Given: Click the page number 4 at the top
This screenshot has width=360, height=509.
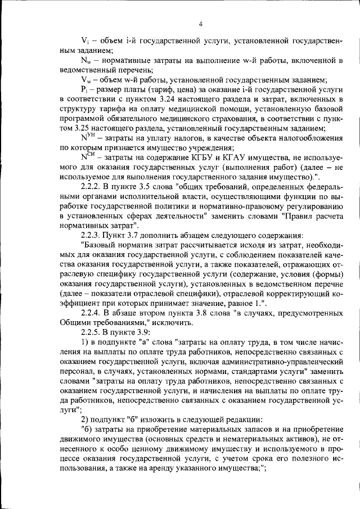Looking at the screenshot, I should tap(201, 24).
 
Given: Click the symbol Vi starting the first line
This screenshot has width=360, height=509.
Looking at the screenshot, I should tap(84, 41).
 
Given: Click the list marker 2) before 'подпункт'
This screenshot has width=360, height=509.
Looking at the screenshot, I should tap(84, 420).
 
